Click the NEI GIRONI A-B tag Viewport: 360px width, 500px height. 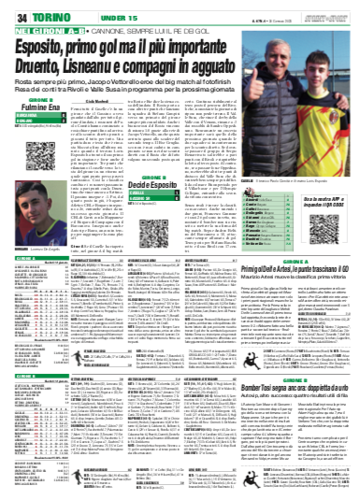tap(36, 25)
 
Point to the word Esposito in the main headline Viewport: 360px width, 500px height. tap(55, 41)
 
